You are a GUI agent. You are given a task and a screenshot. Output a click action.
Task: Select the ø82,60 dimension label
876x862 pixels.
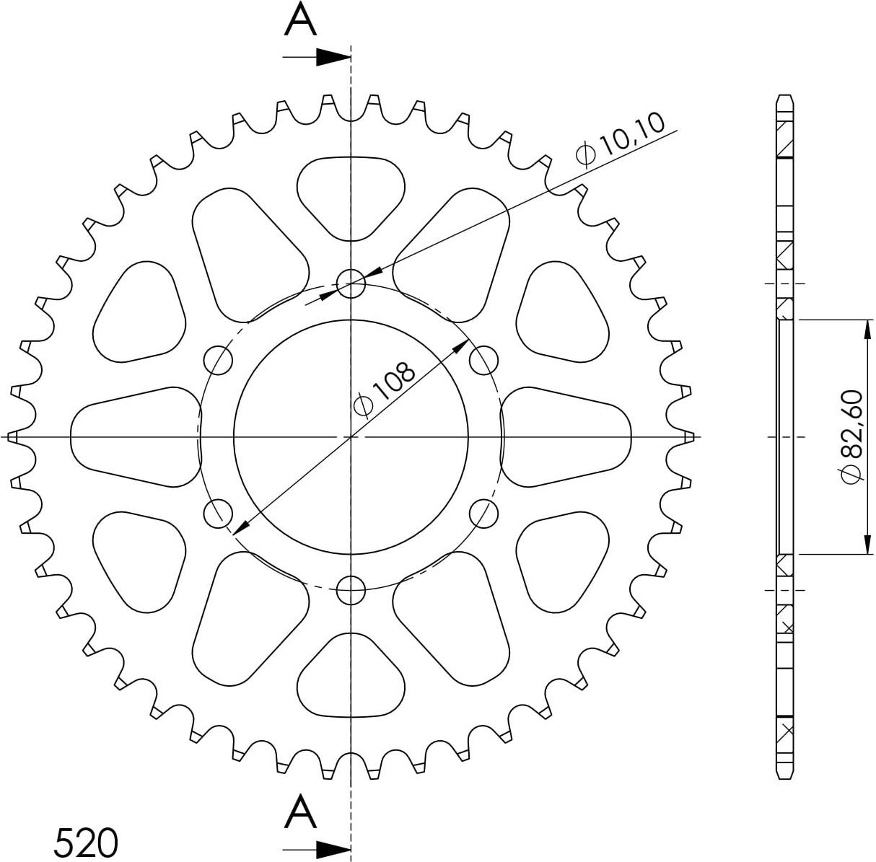851,436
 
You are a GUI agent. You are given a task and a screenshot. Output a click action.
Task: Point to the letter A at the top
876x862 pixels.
300,19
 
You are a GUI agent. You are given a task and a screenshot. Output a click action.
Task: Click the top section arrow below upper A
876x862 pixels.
317,57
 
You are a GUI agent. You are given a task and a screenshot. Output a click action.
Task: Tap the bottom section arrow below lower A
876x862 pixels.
317,849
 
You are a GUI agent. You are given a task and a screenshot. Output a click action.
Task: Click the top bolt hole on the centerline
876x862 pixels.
351,283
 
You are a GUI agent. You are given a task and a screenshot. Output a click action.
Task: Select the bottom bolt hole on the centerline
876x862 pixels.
351,589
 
